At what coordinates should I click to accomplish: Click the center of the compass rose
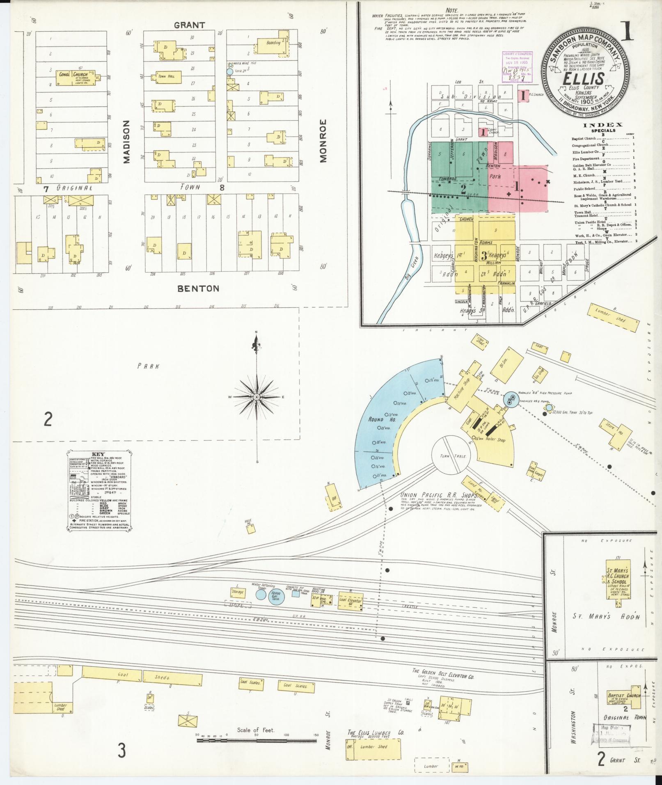[257, 397]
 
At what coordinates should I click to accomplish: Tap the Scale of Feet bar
[256, 741]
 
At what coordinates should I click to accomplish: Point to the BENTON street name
[198, 288]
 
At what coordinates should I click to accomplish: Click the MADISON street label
[126, 142]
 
